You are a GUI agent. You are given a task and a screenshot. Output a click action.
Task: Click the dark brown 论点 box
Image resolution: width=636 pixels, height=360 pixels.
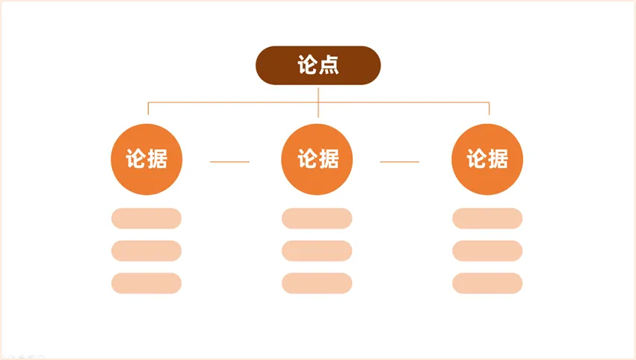[318, 66]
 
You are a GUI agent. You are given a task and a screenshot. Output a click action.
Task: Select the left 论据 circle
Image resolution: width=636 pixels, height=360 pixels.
[146, 159]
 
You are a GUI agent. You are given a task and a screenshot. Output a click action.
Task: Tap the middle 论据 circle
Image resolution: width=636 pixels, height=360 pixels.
[317, 159]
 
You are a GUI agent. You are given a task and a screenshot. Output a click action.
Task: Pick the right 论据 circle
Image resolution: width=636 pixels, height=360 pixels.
[487, 159]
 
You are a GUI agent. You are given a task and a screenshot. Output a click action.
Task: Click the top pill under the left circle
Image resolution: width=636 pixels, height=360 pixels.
[146, 218]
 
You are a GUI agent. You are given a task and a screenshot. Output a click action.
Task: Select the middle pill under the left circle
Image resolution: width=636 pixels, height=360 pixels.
[146, 251]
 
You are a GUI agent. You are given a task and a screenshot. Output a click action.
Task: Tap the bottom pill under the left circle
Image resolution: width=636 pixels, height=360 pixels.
[146, 283]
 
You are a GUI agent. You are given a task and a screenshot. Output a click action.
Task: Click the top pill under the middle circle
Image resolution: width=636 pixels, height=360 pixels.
[317, 218]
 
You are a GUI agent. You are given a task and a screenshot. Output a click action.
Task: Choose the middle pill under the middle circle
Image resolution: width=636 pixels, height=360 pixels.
[317, 251]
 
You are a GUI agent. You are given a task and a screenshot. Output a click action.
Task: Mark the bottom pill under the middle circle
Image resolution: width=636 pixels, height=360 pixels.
[317, 283]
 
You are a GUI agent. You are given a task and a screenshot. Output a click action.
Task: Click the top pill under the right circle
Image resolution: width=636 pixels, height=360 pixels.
[487, 218]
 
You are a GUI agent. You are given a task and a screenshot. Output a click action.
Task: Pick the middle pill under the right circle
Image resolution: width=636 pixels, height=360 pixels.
[487, 251]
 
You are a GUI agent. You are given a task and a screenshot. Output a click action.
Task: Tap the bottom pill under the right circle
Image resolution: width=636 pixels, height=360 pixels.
[487, 283]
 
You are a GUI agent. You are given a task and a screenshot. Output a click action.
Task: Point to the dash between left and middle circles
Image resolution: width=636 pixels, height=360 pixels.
[230, 161]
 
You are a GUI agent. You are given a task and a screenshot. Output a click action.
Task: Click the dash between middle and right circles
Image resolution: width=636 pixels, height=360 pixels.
[400, 161]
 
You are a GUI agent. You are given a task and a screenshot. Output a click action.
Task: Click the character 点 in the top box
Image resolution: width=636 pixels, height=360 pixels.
[329, 66]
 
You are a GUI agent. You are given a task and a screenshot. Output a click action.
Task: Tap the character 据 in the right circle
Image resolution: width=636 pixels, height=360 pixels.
[498, 159]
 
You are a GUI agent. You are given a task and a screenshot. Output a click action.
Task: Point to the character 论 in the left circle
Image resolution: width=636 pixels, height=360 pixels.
[136, 159]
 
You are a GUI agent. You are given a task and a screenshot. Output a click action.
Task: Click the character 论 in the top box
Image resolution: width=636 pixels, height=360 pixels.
[308, 66]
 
